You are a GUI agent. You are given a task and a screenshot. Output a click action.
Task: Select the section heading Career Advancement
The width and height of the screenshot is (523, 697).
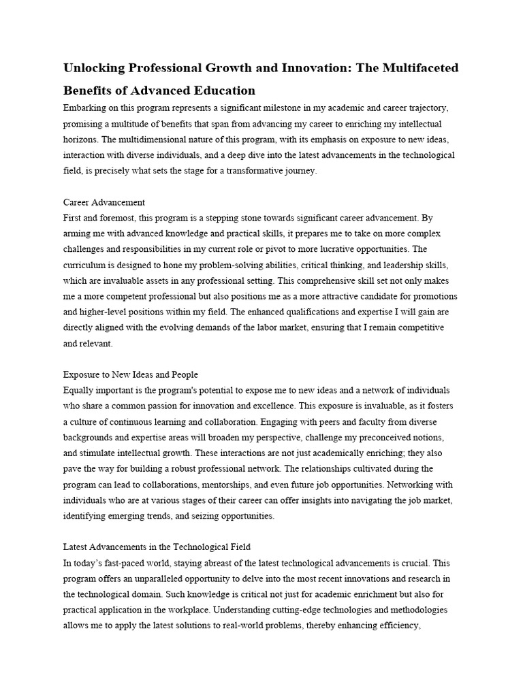pyautogui.click(x=104, y=202)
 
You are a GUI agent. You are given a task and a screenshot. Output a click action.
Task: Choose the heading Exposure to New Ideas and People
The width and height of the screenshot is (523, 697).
pyautogui.click(x=131, y=374)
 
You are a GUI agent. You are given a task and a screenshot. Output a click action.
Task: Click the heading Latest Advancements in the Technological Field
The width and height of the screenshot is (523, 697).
pyautogui.click(x=157, y=547)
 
